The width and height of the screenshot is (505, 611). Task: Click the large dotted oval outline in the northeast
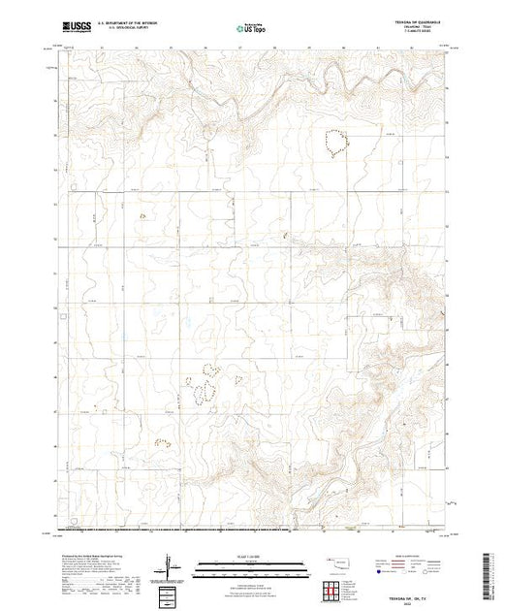[x=336, y=143]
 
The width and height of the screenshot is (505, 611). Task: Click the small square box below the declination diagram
[x=171, y=594]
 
